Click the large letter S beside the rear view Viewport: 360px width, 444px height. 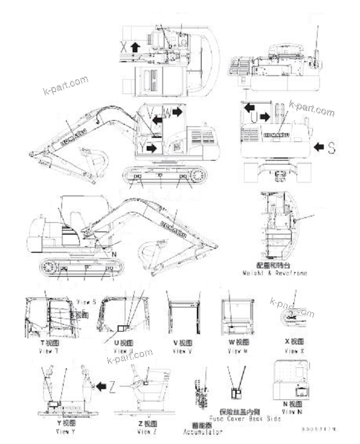click(331, 148)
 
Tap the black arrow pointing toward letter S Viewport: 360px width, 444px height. click(319, 148)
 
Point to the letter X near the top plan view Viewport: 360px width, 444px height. click(123, 47)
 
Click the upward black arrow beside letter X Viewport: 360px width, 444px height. click(135, 48)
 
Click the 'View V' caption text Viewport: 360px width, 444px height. click(182, 351)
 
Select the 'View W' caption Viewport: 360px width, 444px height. click(238, 351)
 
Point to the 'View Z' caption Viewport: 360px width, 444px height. click(147, 431)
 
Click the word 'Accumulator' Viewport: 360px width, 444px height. click(203, 431)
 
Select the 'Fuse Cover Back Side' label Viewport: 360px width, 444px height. click(244, 418)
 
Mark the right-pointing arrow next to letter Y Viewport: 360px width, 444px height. click(151, 148)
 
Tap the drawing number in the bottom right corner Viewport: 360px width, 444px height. click(318, 429)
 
